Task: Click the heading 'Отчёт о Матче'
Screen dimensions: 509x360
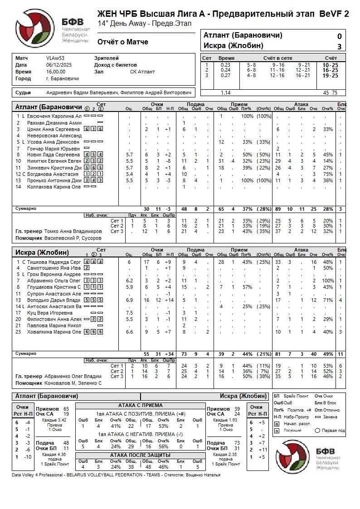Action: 123,42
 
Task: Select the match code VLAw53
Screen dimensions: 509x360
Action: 55,58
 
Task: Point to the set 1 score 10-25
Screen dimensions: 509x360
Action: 330,65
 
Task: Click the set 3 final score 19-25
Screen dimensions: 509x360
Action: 330,76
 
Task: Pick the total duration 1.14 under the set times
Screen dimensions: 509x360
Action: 225,92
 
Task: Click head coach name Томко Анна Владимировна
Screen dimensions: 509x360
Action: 73,231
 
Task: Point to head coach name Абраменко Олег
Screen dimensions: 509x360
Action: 73,376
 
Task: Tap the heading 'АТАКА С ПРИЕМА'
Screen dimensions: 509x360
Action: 140,405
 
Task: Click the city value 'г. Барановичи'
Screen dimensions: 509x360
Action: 63,78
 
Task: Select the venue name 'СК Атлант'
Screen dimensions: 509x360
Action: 142,72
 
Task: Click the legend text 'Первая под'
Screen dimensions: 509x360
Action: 333,430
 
